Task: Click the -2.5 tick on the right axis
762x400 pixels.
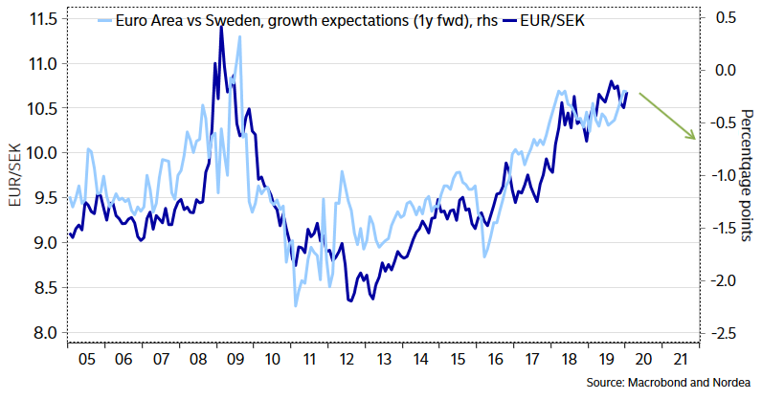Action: (725, 332)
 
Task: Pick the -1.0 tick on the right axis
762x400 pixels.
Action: (725, 175)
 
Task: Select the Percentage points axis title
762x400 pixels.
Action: (746, 172)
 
